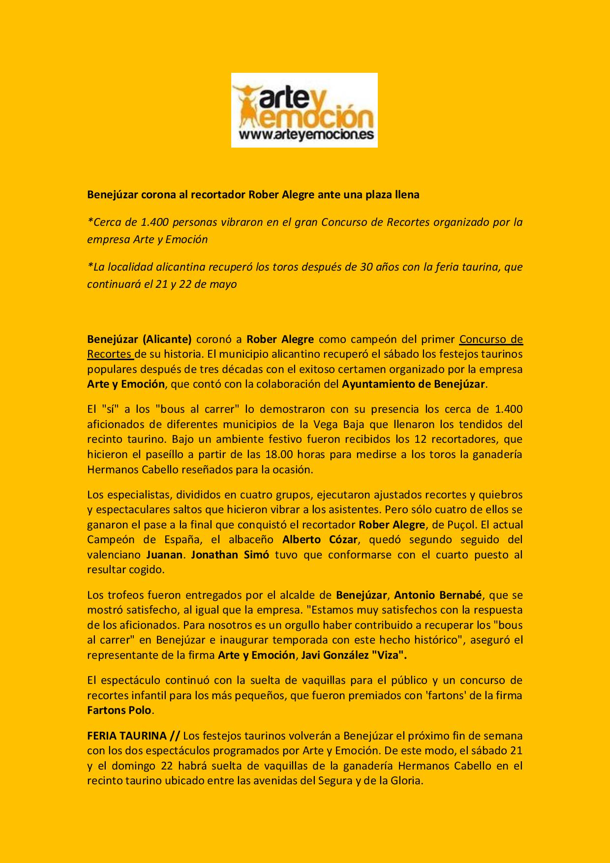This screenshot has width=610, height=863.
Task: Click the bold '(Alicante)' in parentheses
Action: pos(167,339)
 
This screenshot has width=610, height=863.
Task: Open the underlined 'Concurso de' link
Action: pos(490,339)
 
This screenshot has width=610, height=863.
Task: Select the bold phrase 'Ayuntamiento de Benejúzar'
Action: pos(413,384)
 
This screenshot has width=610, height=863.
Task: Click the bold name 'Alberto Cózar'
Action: pos(320,539)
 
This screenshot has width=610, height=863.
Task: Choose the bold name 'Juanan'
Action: pos(165,555)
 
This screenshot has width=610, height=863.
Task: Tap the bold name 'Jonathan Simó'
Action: pos(230,555)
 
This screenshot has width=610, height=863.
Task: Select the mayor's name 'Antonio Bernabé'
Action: pos(438,595)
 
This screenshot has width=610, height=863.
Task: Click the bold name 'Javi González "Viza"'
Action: pos(354,655)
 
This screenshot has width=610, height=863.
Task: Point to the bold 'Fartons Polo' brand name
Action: pos(119,710)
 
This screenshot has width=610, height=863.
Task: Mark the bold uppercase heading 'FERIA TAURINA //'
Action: pos(134,736)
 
